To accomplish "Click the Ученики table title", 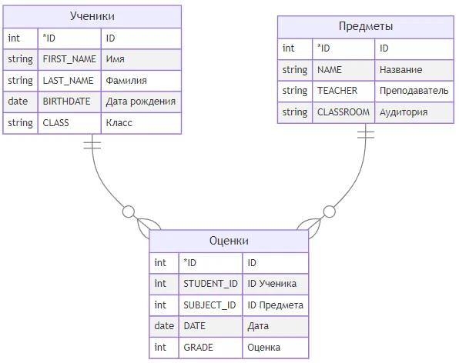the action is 92,16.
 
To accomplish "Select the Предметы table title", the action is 366,26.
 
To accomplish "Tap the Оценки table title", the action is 229,241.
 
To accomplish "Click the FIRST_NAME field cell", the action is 69,59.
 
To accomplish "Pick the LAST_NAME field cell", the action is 69,81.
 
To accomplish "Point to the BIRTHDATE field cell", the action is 69,102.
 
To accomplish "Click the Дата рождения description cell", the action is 141,102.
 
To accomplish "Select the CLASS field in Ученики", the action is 69,123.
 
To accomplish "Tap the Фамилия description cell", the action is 141,81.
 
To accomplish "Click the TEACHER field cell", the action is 343,92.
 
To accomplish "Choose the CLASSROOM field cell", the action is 343,112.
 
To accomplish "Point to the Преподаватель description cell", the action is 414,92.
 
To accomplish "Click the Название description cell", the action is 414,70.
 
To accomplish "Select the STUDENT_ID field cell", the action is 210,284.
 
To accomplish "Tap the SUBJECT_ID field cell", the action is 210,305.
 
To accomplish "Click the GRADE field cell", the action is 210,348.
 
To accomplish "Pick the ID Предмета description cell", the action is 276,305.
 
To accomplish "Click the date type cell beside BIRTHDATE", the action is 21,102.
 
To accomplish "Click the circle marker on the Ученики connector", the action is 129,211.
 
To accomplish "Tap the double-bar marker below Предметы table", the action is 366,135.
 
